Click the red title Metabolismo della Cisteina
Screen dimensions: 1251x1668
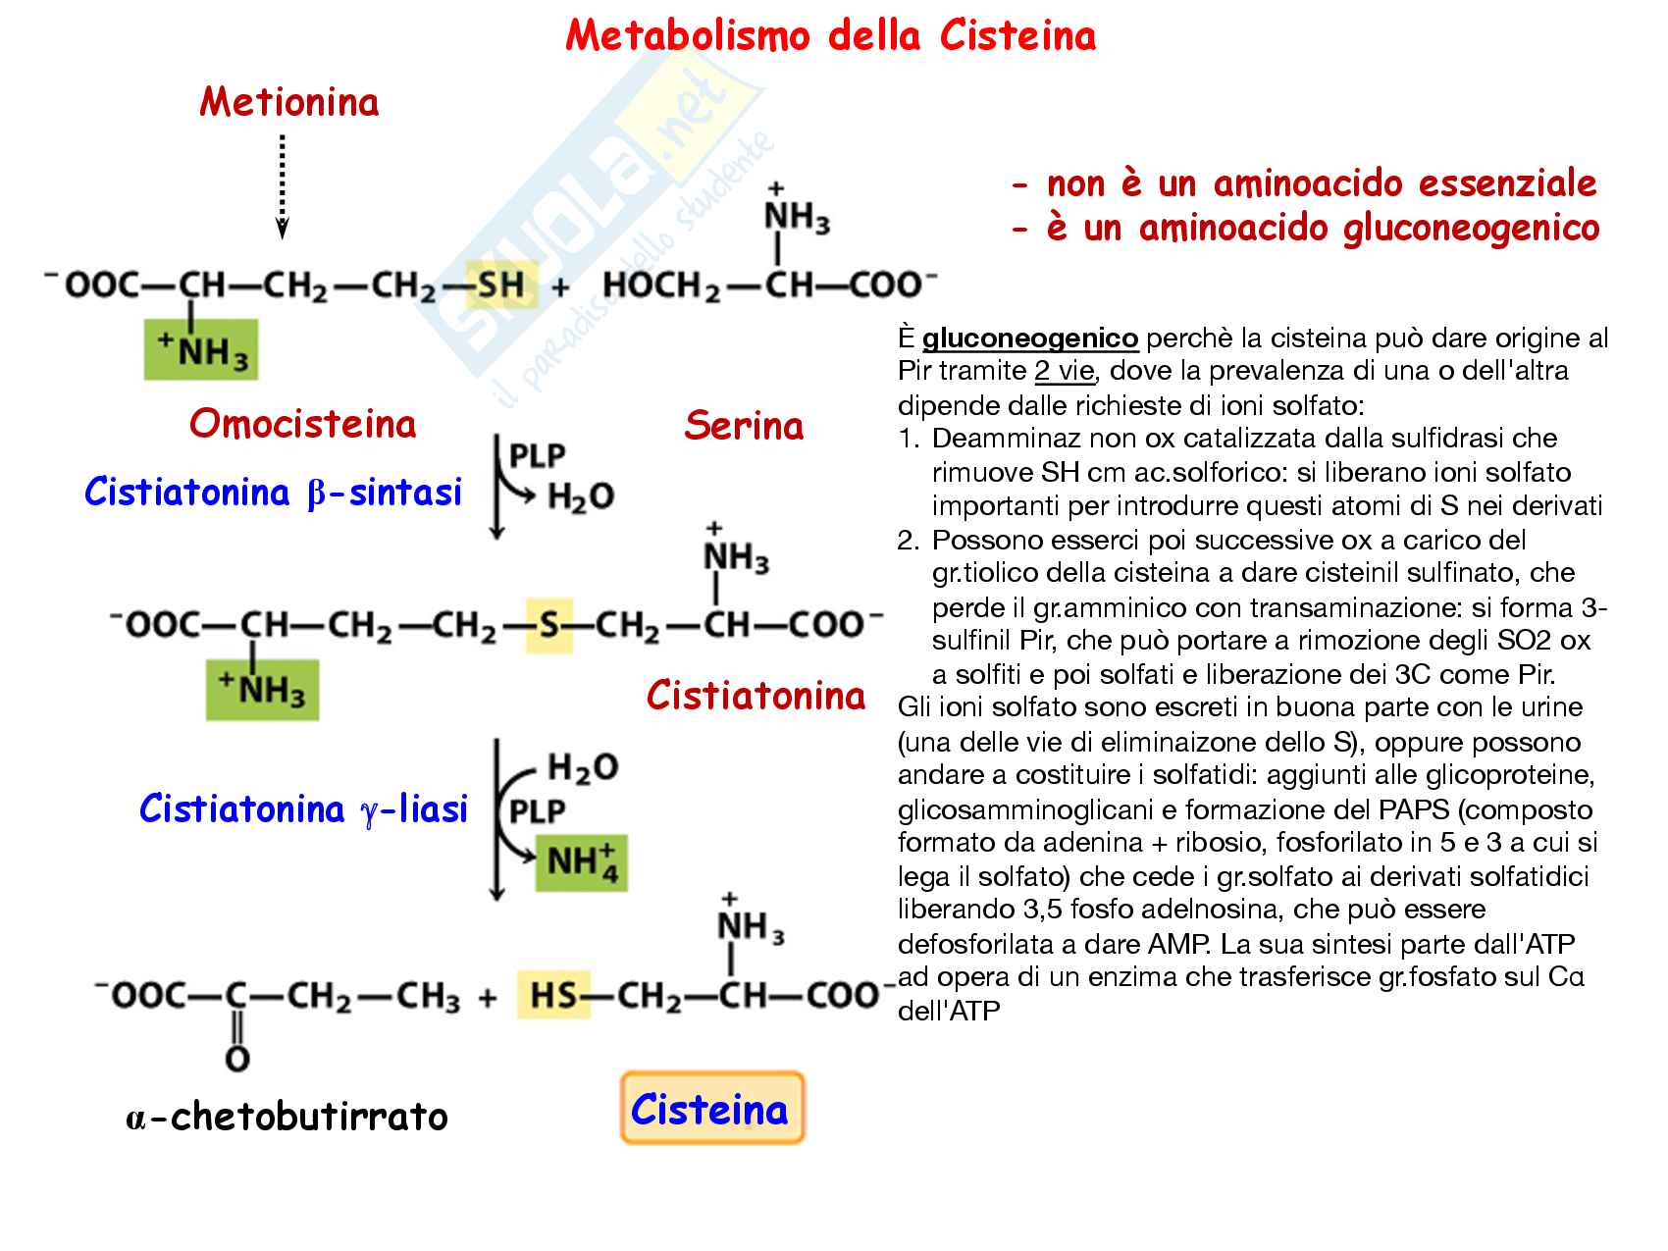pyautogui.click(x=830, y=36)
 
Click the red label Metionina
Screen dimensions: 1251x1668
pyautogui.click(x=288, y=102)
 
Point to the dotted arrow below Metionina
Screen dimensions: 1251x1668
pyautogui.click(x=283, y=186)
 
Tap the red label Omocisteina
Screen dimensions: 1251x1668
pyautogui.click(x=302, y=424)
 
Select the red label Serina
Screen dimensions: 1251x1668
pyautogui.click(x=744, y=426)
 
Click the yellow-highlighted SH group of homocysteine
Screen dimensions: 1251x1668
pyautogui.click(x=500, y=286)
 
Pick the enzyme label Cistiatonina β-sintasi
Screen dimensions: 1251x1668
pyautogui.click(x=273, y=492)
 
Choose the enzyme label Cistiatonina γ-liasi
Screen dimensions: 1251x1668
pyautogui.click(x=303, y=809)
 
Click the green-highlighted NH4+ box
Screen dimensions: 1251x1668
pyautogui.click(x=581, y=862)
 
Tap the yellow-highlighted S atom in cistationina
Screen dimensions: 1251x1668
pyautogui.click(x=548, y=625)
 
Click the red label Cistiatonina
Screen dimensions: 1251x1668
pyautogui.click(x=756, y=696)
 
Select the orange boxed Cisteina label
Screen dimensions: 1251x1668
pyautogui.click(x=711, y=1109)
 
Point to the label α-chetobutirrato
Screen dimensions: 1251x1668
pyautogui.click(x=287, y=1117)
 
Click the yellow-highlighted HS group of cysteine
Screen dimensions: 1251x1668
pyautogui.click(x=553, y=996)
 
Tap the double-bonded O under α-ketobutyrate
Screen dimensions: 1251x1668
pyautogui.click(x=237, y=1059)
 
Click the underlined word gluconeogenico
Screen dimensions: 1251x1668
pyautogui.click(x=1029, y=339)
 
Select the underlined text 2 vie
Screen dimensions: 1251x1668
pyautogui.click(x=1064, y=372)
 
